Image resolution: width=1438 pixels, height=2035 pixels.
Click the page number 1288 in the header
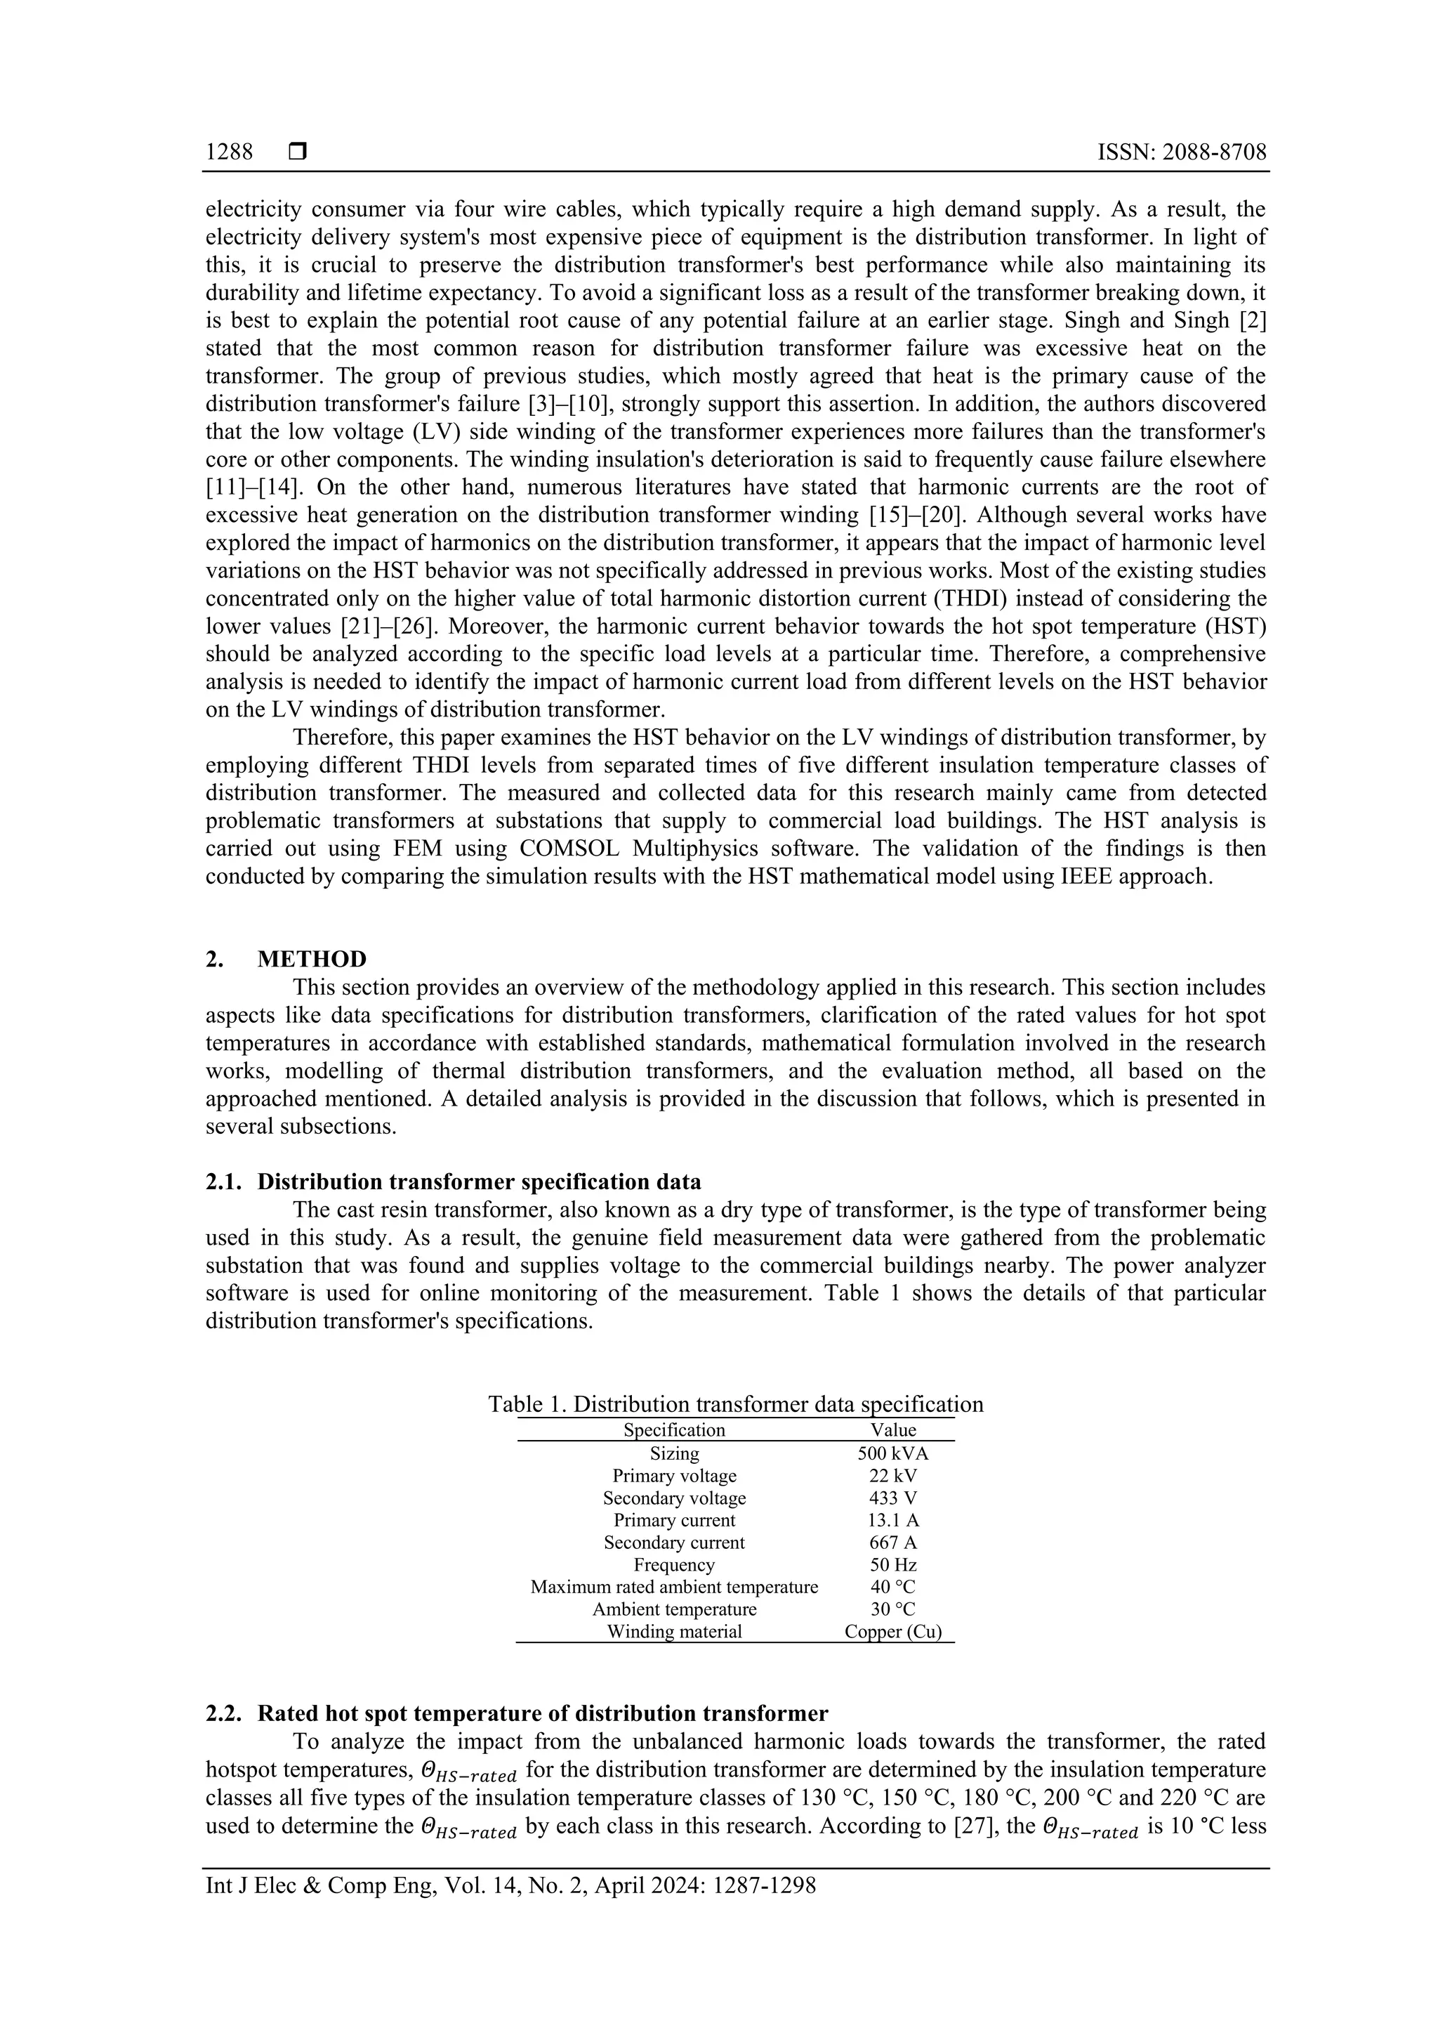229,152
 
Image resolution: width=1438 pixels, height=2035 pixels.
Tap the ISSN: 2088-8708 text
1181,152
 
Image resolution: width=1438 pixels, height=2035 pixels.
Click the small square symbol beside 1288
298,152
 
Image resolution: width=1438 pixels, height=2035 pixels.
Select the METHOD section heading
311,959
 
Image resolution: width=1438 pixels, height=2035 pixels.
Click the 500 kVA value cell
892,1453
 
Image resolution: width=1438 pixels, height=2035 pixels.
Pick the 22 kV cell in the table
892,1476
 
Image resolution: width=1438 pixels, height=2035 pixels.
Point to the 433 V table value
892,1498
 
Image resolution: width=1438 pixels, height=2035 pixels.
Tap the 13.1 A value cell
892,1520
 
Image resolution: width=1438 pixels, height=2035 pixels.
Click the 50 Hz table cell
892,1565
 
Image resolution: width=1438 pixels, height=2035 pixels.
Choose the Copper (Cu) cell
892,1632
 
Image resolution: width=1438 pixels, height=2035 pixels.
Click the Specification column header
673,1429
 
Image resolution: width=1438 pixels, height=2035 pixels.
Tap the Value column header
892,1429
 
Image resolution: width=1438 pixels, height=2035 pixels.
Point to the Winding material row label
673,1632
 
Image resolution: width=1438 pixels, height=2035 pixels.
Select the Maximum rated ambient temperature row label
673,1588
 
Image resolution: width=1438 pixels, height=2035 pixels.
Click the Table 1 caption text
735,1404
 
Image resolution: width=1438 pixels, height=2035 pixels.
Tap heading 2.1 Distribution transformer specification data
478,1182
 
